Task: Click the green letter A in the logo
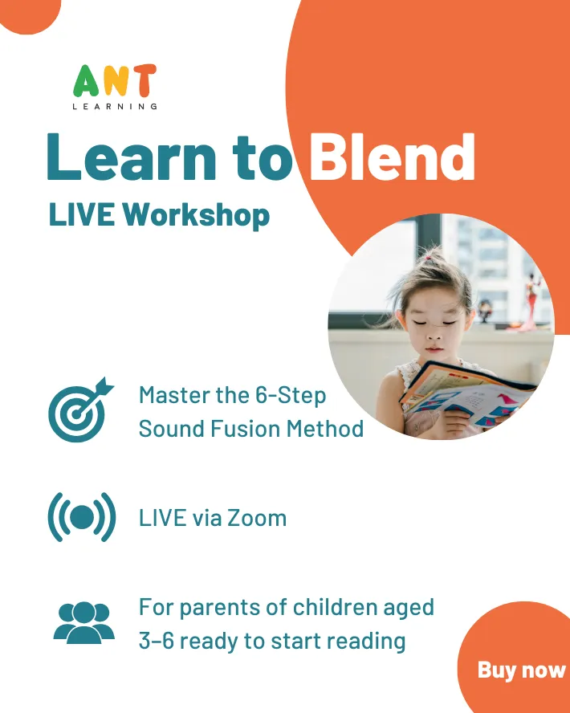[87, 80]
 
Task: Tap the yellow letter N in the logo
[115, 80]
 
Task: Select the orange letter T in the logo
[143, 80]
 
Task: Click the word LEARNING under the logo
[115, 107]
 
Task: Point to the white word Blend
[392, 157]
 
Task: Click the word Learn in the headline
[132, 157]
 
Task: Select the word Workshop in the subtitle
[196, 214]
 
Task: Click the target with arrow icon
[80, 409]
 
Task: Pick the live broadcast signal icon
[82, 517]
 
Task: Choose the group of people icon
[84, 622]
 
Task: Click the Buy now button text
[521, 670]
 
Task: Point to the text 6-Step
[291, 395]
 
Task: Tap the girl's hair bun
[428, 258]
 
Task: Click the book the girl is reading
[466, 394]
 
